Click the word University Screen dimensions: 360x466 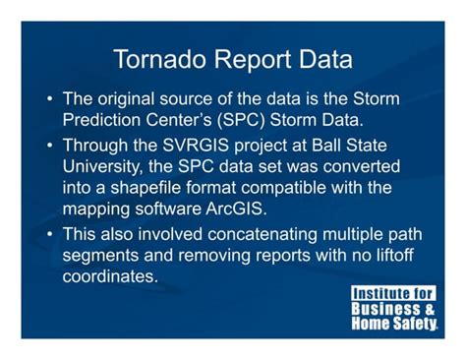pos(105,166)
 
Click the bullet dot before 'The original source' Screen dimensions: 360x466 pos(50,101)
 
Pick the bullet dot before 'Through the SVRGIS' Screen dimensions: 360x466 pos(50,147)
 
